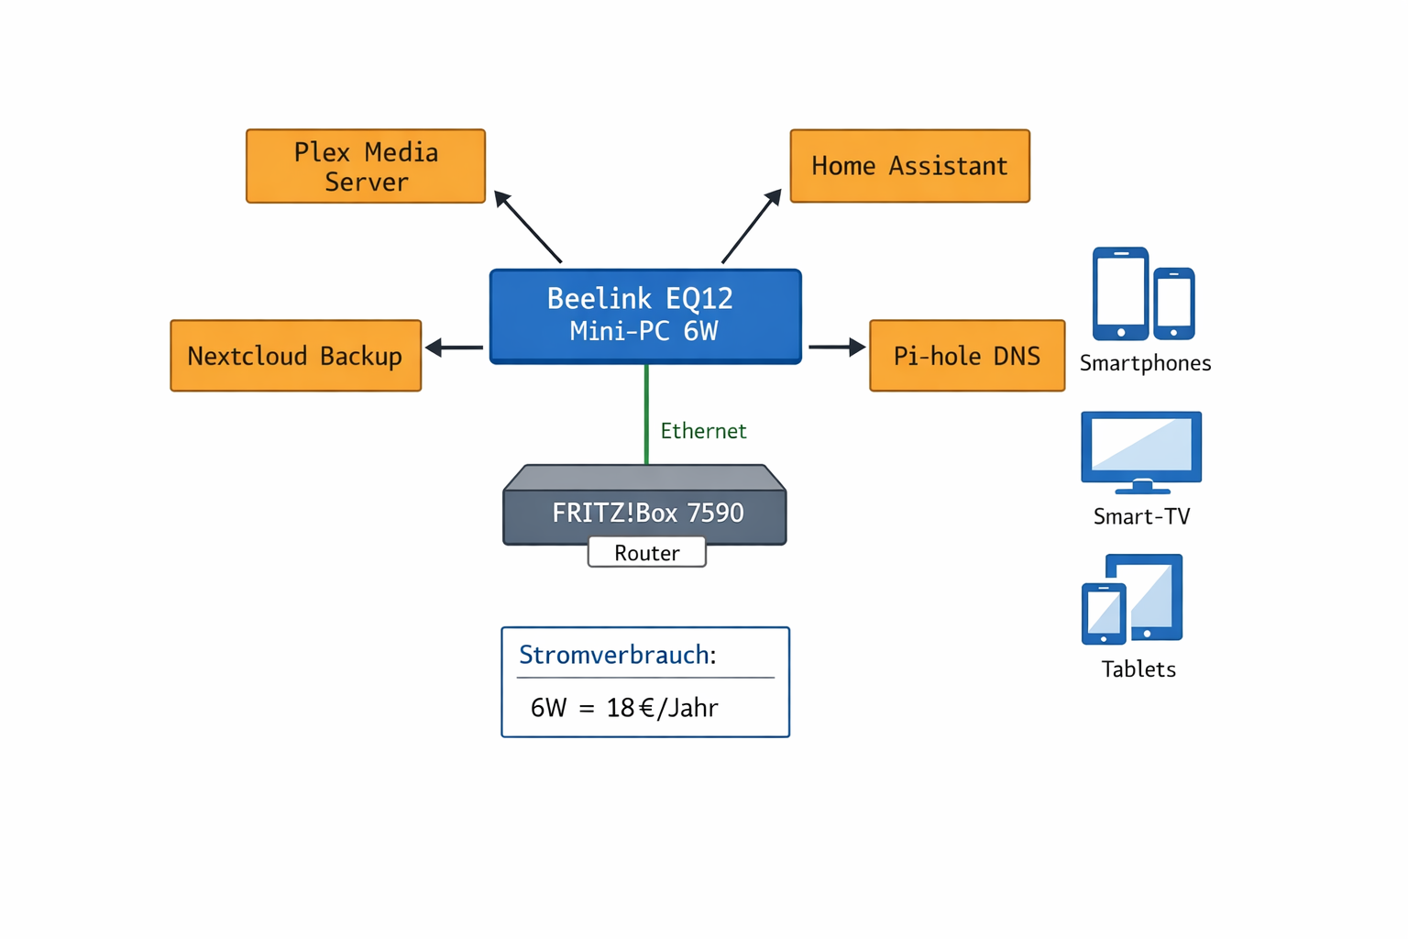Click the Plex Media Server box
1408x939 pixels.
point(365,166)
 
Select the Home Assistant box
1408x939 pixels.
point(909,166)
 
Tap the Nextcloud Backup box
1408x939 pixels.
point(295,356)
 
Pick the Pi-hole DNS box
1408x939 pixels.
point(966,356)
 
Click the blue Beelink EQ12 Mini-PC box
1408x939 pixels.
point(645,315)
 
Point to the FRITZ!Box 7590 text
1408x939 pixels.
point(647,513)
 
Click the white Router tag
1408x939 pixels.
point(646,553)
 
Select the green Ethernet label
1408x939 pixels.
point(703,431)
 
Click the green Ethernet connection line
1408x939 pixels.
point(646,413)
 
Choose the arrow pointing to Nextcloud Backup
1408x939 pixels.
point(455,348)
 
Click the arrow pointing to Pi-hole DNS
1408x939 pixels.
point(836,348)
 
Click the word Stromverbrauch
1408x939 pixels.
point(614,655)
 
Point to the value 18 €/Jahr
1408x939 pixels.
point(662,708)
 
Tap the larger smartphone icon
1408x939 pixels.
point(1120,293)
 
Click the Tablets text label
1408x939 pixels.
point(1138,669)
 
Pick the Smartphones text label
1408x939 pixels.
point(1145,363)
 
